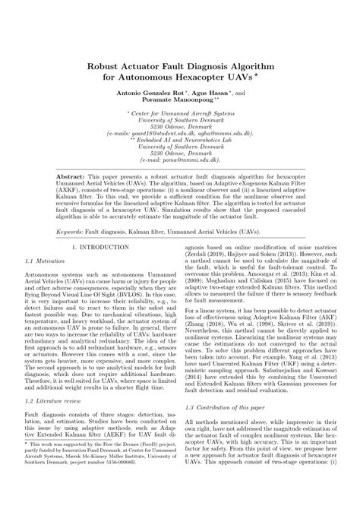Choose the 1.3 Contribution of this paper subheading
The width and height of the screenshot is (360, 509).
[231, 409]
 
